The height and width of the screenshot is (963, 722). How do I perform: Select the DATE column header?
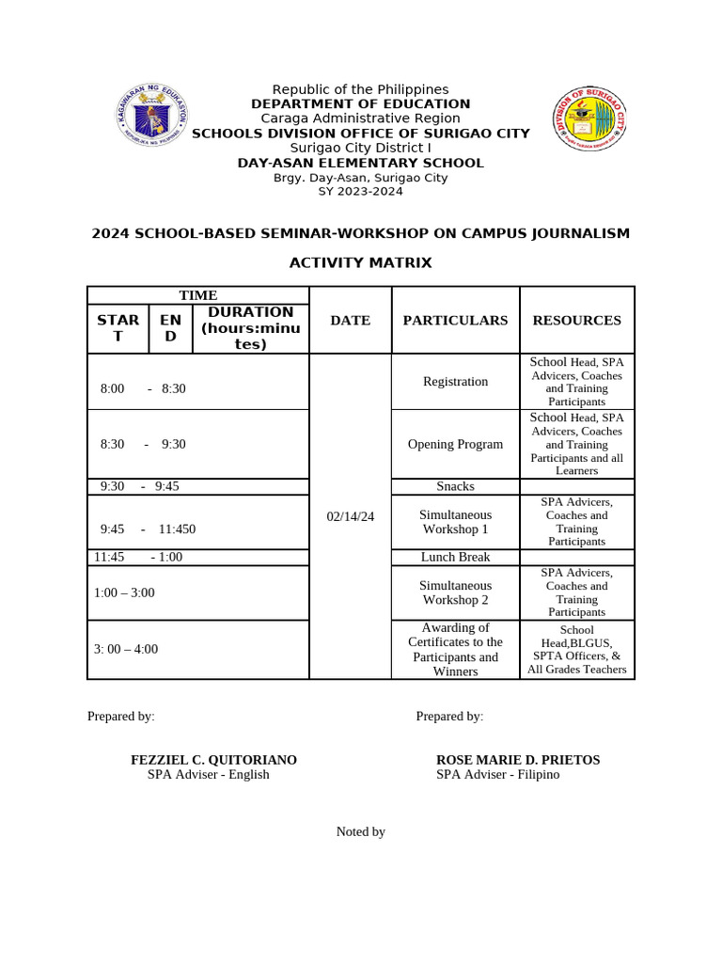click(x=350, y=320)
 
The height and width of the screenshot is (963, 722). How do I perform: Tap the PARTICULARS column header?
click(x=455, y=320)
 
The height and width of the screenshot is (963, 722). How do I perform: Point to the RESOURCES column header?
click(x=576, y=320)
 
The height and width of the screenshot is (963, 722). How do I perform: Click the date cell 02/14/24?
click(x=350, y=517)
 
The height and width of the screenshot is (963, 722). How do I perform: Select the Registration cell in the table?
click(x=455, y=382)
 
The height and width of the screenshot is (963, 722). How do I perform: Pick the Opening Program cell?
click(x=455, y=444)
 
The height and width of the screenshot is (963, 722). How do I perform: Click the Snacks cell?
click(x=455, y=486)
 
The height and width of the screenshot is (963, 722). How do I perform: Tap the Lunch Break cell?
click(x=455, y=557)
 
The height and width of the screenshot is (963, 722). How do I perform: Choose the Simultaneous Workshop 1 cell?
click(x=455, y=522)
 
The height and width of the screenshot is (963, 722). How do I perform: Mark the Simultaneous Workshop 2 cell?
click(x=455, y=592)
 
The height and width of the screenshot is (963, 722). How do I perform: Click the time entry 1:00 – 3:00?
click(x=124, y=592)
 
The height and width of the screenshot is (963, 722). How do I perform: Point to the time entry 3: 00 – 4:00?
click(x=126, y=649)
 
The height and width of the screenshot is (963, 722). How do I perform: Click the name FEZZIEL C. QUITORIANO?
click(x=213, y=760)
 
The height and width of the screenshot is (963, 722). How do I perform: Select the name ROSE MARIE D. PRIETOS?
click(x=517, y=760)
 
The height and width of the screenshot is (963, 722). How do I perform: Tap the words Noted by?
click(x=361, y=831)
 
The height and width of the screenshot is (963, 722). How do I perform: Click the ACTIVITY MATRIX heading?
click(x=360, y=263)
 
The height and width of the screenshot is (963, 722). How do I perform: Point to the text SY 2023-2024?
click(x=360, y=191)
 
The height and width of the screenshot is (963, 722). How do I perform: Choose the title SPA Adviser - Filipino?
click(x=497, y=775)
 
